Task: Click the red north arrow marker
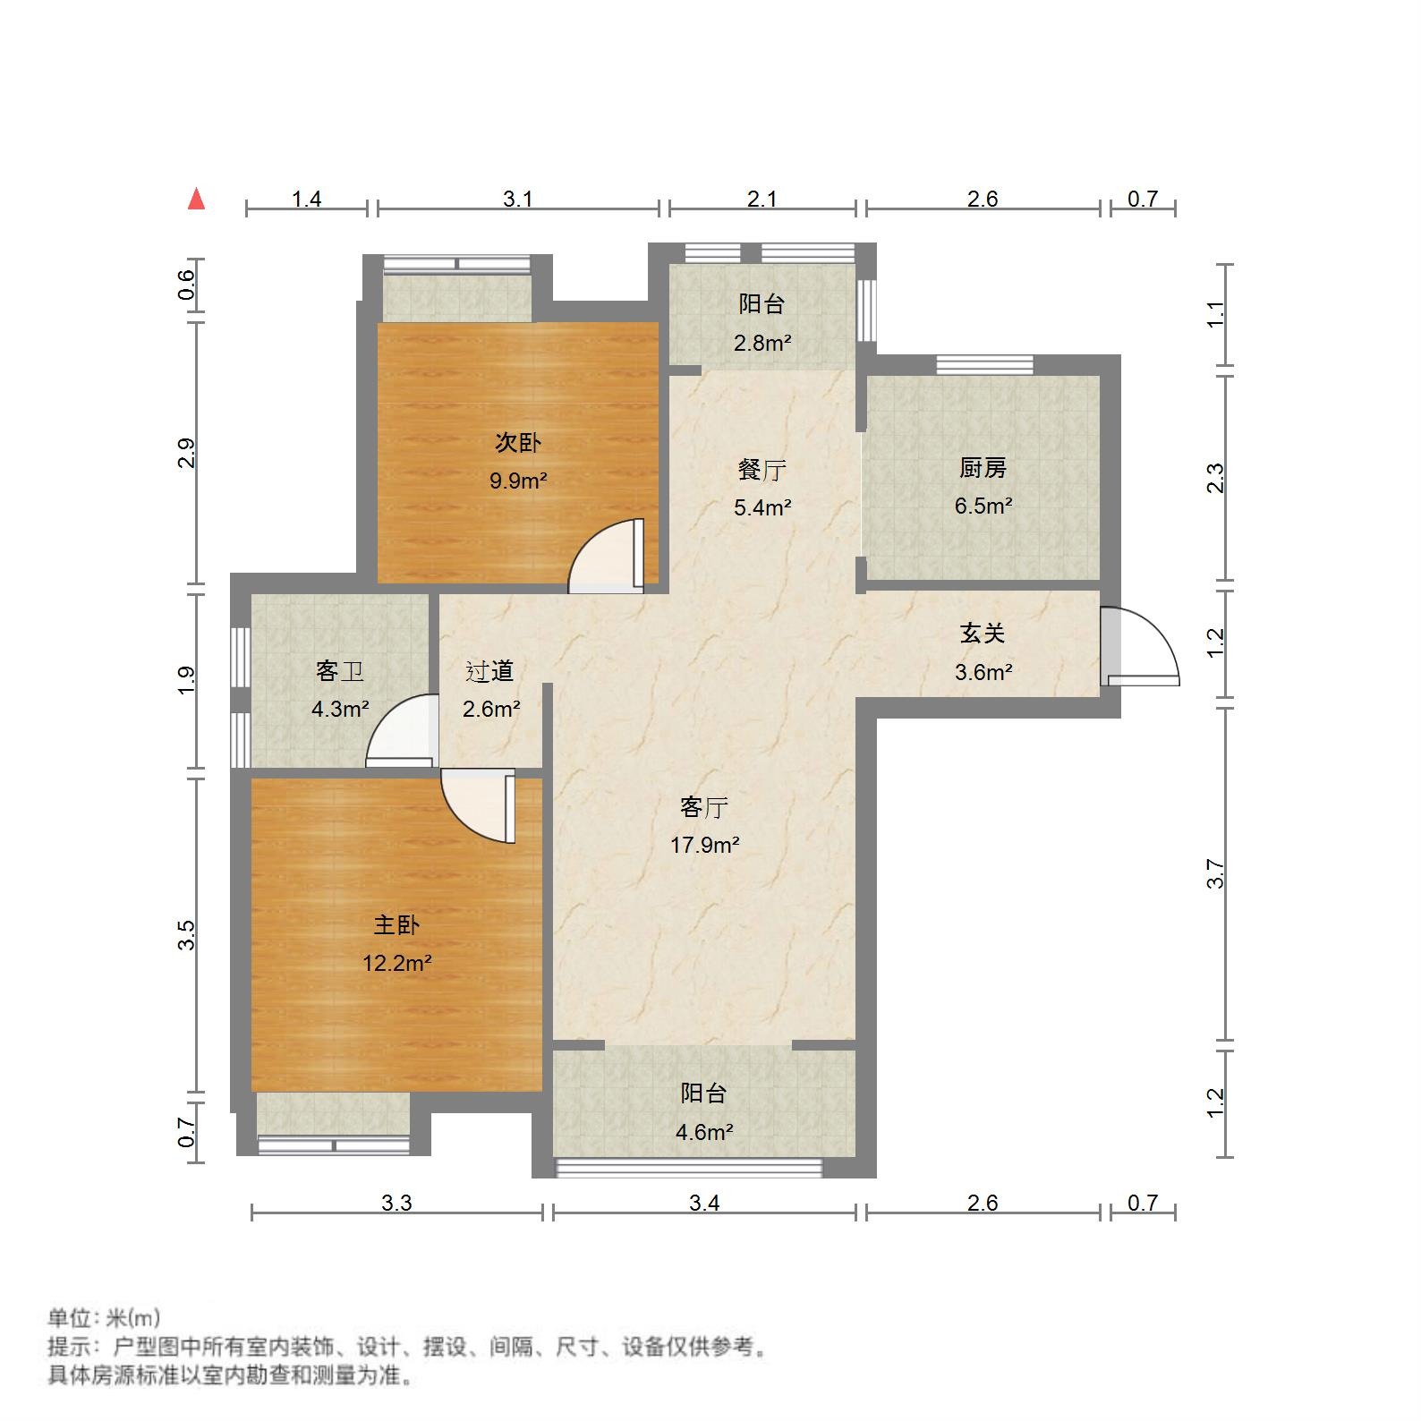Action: [x=197, y=200]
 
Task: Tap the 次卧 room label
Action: [x=518, y=443]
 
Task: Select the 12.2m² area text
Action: [x=396, y=964]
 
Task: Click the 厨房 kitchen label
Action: [x=983, y=467]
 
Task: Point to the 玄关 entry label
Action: [x=983, y=634]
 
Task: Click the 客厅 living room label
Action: [x=704, y=807]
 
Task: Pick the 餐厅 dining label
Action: [x=762, y=469]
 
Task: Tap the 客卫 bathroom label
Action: [x=340, y=671]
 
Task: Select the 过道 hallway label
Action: [x=490, y=671]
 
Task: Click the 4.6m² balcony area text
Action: [x=704, y=1132]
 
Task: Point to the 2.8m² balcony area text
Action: [x=762, y=343]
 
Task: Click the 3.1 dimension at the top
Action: [x=518, y=199]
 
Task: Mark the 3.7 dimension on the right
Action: [x=1215, y=873]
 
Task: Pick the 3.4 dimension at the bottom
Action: [x=704, y=1203]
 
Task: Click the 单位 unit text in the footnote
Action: [x=70, y=1317]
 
